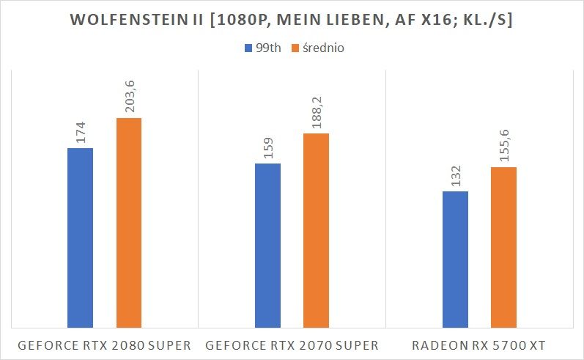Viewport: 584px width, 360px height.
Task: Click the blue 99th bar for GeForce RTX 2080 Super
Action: click(x=80, y=237)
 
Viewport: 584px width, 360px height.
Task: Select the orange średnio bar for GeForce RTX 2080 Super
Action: click(x=128, y=222)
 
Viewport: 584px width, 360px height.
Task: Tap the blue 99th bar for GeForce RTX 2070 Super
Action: click(x=267, y=245)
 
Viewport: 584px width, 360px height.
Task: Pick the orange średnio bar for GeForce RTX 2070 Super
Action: click(x=316, y=229)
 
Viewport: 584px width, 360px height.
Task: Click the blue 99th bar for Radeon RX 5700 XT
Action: click(x=455, y=259)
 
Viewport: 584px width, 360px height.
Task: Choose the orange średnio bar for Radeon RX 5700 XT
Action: click(x=503, y=246)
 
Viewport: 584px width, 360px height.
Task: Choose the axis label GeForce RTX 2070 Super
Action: click(x=292, y=345)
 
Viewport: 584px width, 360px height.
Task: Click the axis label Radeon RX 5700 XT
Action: click(x=479, y=345)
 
